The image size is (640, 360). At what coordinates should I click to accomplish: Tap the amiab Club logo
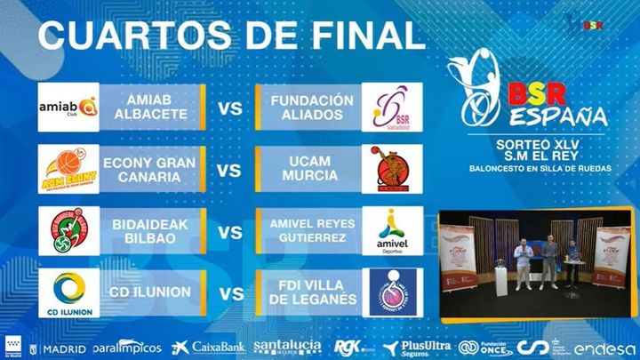68,108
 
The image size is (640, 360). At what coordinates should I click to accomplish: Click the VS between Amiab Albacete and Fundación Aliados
230,109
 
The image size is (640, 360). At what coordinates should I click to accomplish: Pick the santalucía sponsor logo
288,347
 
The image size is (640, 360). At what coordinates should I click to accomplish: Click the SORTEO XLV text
530,142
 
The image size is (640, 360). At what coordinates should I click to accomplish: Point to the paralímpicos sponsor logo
126,348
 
